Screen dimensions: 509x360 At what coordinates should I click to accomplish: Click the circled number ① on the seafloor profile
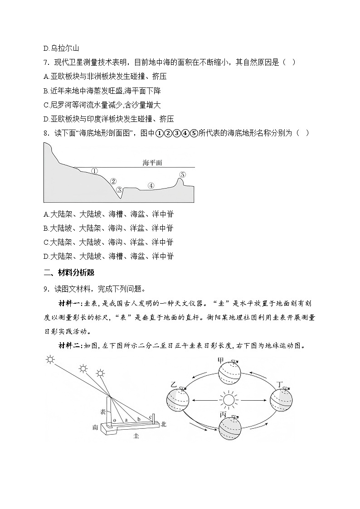(94, 171)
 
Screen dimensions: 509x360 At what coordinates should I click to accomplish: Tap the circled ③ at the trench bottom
(119, 190)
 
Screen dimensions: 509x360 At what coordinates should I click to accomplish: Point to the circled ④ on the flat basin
(151, 185)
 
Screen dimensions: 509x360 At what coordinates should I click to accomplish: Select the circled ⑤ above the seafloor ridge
(182, 175)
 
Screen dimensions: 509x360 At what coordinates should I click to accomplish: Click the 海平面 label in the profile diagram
(152, 162)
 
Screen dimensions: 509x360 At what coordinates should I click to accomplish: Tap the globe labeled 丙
(230, 428)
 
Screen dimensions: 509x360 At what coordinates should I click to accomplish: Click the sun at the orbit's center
(228, 400)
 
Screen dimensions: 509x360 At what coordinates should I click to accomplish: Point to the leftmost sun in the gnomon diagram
(50, 360)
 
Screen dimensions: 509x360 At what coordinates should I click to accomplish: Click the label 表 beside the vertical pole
(103, 412)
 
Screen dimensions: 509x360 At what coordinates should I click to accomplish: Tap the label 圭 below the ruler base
(136, 436)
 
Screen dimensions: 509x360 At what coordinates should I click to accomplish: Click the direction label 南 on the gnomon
(95, 427)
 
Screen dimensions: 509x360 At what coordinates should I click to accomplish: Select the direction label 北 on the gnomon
(163, 425)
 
